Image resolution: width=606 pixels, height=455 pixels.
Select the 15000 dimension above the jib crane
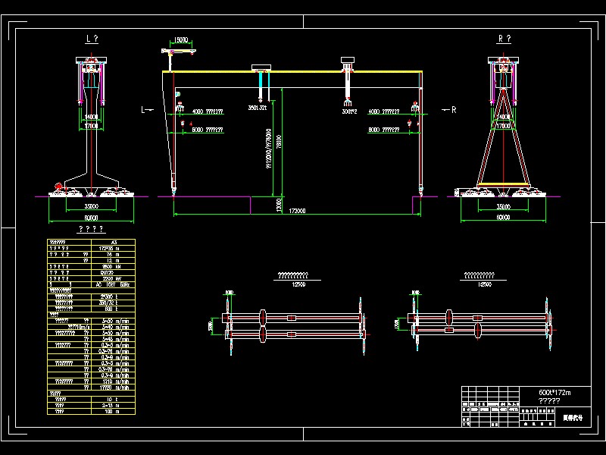182,39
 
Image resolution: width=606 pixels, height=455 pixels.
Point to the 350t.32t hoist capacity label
258,108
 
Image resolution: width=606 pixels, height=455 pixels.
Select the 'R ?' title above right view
504,39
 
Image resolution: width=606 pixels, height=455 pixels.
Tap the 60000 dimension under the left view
91,217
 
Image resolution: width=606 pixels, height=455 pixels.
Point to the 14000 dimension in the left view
91,117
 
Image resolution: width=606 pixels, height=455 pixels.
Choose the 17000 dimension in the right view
502,126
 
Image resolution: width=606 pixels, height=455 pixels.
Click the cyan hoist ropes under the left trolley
261,85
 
